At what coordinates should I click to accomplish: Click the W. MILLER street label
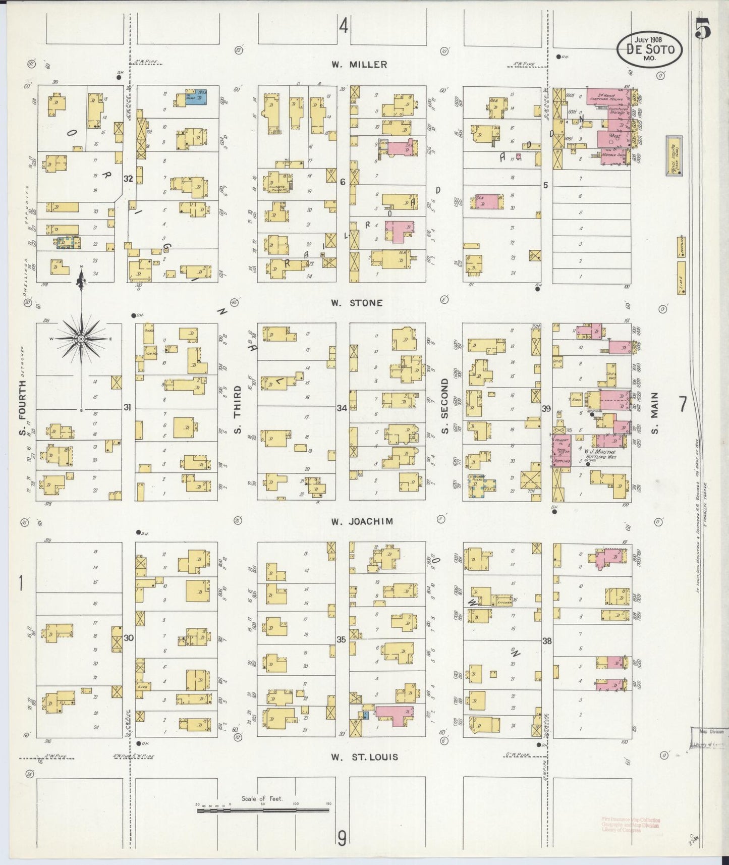pyautogui.click(x=359, y=65)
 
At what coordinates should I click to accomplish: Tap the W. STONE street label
pyautogui.click(x=357, y=303)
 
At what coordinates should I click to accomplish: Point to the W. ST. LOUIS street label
pyautogui.click(x=364, y=757)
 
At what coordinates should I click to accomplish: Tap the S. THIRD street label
pyautogui.click(x=238, y=409)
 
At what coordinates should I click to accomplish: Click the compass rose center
pyautogui.click(x=81, y=339)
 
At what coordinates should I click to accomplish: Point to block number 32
pyautogui.click(x=128, y=178)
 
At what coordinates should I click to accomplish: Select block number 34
pyautogui.click(x=342, y=408)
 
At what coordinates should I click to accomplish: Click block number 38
pyautogui.click(x=546, y=641)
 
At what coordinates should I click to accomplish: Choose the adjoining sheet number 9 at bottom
pyautogui.click(x=342, y=839)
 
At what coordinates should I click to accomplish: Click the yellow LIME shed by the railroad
pyautogui.click(x=681, y=278)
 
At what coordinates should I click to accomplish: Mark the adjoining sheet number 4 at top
pyautogui.click(x=344, y=25)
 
